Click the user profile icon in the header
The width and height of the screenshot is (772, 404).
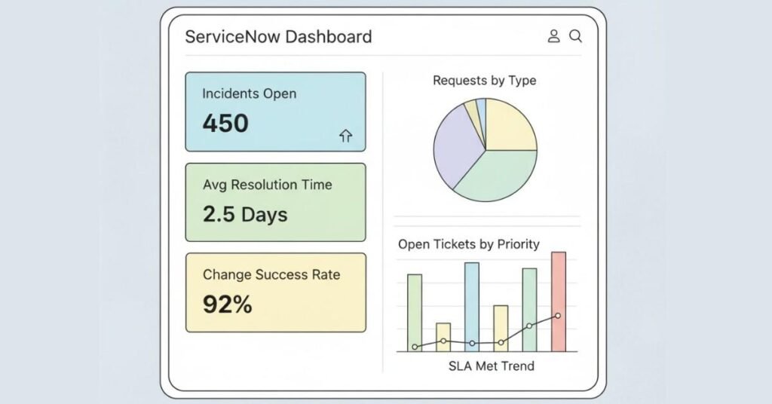pyautogui.click(x=553, y=36)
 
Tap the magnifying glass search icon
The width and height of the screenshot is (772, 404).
pyautogui.click(x=575, y=36)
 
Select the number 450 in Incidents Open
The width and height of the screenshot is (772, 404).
pyautogui.click(x=225, y=123)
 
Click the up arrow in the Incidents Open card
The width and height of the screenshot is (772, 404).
pyautogui.click(x=346, y=136)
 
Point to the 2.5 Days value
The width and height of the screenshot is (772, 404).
pyautogui.click(x=245, y=214)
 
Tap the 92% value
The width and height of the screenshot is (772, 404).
pyautogui.click(x=227, y=305)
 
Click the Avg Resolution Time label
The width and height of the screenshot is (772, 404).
pyautogui.click(x=267, y=185)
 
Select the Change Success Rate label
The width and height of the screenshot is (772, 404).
pyautogui.click(x=271, y=275)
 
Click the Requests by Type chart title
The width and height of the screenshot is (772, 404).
pyautogui.click(x=484, y=81)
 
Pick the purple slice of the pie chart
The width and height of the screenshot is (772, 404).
pyautogui.click(x=455, y=148)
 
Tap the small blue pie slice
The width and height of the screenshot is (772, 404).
pyautogui.click(x=481, y=107)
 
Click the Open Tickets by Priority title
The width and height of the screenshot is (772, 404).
pyautogui.click(x=468, y=243)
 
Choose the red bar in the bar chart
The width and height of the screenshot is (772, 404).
pyautogui.click(x=558, y=286)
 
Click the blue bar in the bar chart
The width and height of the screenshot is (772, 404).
pyautogui.click(x=472, y=301)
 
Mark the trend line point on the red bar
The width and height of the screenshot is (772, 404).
pyautogui.click(x=558, y=316)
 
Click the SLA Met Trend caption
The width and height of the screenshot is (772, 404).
pyautogui.click(x=491, y=366)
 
